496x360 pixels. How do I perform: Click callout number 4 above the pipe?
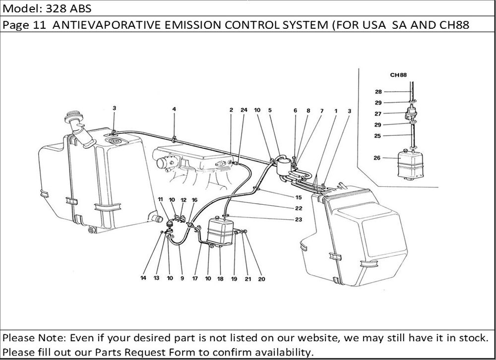(x=174, y=109)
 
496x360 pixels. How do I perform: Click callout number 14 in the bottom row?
(x=143, y=279)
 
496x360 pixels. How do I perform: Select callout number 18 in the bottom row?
(x=220, y=279)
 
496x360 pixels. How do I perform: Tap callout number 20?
(x=261, y=279)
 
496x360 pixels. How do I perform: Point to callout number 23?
(x=299, y=219)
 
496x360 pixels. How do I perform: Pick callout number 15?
(x=299, y=197)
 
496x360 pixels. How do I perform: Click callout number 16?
(x=194, y=200)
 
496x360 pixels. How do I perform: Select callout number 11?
(x=160, y=200)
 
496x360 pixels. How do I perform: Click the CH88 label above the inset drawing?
(x=399, y=75)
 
